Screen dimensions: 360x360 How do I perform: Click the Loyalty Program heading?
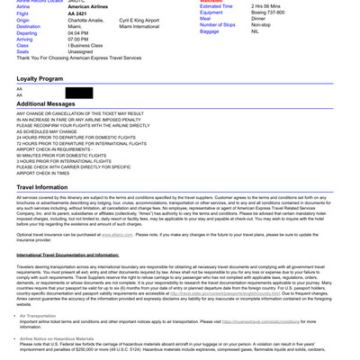click(40, 78)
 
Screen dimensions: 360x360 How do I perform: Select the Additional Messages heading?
click(46, 103)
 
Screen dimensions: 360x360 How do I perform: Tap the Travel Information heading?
click(41, 187)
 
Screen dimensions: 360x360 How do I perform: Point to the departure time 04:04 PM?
click(78, 33)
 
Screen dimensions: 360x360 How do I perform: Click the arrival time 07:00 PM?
click(78, 40)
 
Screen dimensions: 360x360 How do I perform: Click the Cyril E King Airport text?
click(139, 20)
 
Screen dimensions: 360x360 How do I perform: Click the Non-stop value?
click(261, 24)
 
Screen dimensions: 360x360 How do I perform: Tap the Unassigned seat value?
click(80, 51)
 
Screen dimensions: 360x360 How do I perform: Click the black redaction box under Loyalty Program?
click(78, 93)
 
